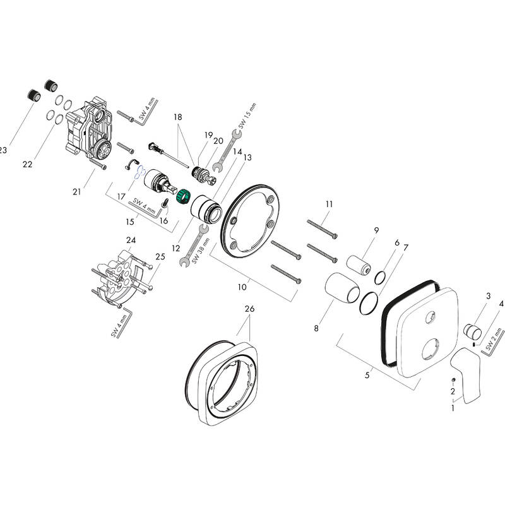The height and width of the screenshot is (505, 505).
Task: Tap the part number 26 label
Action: (x=249, y=309)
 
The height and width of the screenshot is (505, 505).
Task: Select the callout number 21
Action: (x=76, y=192)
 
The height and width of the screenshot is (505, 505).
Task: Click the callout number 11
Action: (x=329, y=203)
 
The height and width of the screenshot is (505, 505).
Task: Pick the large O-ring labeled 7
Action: (x=369, y=302)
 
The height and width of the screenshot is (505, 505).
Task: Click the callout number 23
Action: (x=3, y=150)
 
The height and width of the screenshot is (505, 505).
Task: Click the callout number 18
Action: (x=177, y=117)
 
